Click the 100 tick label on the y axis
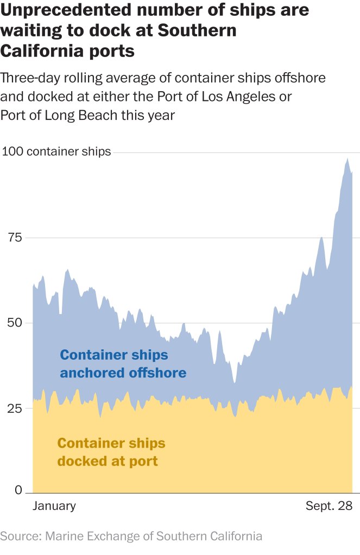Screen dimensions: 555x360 pyautogui.click(x=12, y=151)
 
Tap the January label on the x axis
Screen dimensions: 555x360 pyautogui.click(x=54, y=506)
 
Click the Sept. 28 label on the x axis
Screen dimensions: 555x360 pyautogui.click(x=329, y=506)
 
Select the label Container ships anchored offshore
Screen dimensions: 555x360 pyautogui.click(x=123, y=364)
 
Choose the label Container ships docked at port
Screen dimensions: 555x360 pyautogui.click(x=111, y=452)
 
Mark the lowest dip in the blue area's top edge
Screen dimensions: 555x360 pyautogui.click(x=234, y=383)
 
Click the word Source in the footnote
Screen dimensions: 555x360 pyautogui.click(x=20, y=537)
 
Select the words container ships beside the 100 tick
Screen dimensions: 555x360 pyautogui.click(x=68, y=151)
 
